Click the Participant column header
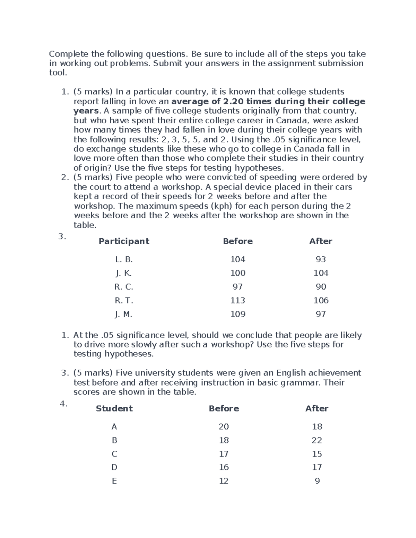[x=124, y=241]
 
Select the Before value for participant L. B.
[x=238, y=259]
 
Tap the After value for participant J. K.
[x=321, y=273]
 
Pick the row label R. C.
[x=124, y=287]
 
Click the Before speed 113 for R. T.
[x=238, y=300]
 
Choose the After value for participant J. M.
[x=321, y=314]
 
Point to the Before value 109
[x=238, y=314]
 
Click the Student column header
[x=114, y=409]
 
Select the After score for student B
[x=317, y=440]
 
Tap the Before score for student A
[x=224, y=427]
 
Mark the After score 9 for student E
[x=317, y=481]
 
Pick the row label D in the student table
[x=114, y=467]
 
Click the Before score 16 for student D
[x=224, y=467]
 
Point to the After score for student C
[x=317, y=454]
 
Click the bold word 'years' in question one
[x=86, y=111]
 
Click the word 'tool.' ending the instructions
[x=58, y=73]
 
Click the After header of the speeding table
[x=321, y=241]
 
